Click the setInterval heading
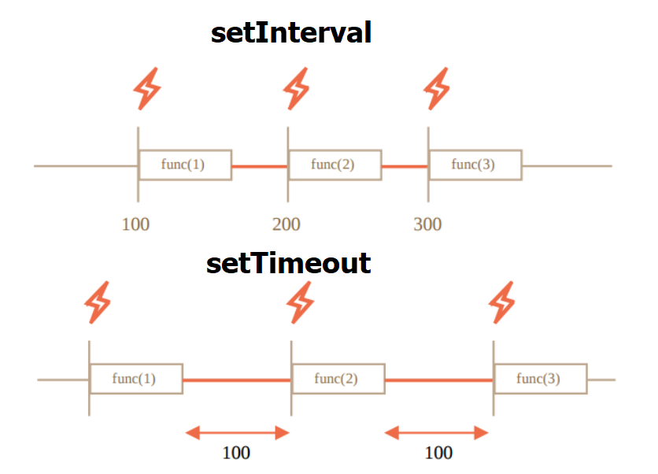290,33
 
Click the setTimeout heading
289,263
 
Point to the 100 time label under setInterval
135,224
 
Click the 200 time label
286,224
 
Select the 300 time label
427,224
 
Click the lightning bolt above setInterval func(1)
147,89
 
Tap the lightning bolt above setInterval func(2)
296,89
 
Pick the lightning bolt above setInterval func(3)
436,89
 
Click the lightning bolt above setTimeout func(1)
98,302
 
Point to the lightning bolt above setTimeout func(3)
502,302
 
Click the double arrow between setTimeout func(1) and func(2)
237,432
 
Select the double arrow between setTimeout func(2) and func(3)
436,432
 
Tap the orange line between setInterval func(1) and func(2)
260,166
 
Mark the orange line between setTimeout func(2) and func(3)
439,380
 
